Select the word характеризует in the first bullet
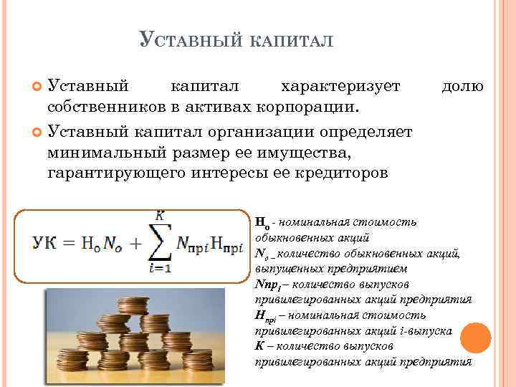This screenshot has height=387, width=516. coord(340,87)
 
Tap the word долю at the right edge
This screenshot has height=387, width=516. coord(462,87)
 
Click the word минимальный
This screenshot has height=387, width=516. coord(108,152)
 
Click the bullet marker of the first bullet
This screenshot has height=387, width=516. coord(38,87)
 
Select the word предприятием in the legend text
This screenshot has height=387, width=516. coord(373,268)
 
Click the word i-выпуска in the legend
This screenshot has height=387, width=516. coord(427,332)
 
